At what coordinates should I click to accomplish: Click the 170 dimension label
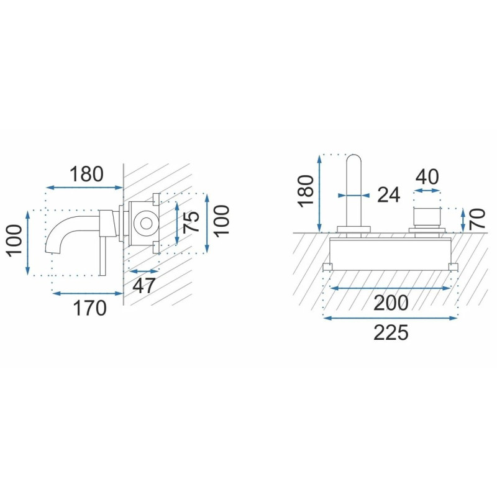[x=89, y=308]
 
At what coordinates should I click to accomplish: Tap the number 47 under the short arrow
[x=144, y=286]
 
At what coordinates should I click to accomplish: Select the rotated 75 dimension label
[x=191, y=221]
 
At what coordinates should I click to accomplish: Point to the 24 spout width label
[x=389, y=194]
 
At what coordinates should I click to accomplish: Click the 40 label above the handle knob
[x=427, y=177]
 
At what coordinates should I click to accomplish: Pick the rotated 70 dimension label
[x=477, y=219]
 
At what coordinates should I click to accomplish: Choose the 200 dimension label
[x=391, y=303]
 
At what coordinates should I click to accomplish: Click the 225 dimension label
[x=391, y=333]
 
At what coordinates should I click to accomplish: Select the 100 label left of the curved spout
[x=14, y=240]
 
